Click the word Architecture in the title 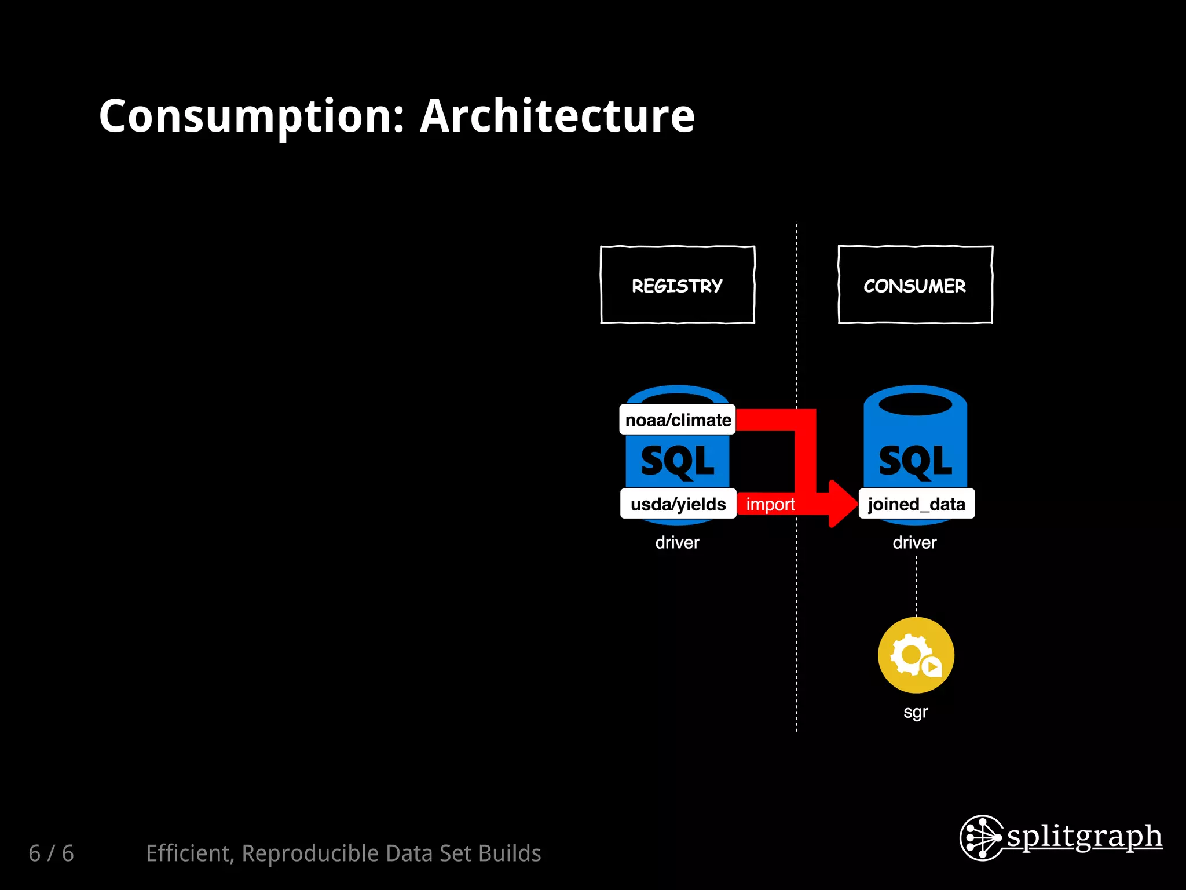(557, 117)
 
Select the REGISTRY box (678, 285)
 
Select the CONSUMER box (915, 285)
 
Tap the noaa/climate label (678, 420)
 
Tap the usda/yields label (678, 504)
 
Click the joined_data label (916, 504)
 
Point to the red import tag (770, 504)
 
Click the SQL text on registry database (678, 462)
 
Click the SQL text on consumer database (915, 462)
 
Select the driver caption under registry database (677, 543)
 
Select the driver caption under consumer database (914, 543)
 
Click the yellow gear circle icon (916, 655)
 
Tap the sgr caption (916, 712)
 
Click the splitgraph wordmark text (1084, 837)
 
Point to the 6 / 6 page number (52, 853)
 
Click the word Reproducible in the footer (311, 853)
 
